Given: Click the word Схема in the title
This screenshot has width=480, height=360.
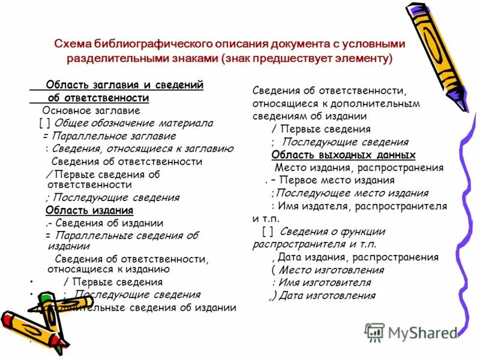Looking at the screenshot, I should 71,44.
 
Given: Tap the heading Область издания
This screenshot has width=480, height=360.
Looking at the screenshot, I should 89,211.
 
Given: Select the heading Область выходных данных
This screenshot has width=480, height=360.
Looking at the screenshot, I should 343,155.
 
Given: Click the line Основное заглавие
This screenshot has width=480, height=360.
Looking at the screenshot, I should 91,110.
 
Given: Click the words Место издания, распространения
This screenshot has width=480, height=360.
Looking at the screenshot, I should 359,168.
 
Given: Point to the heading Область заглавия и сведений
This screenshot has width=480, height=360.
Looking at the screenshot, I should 125,85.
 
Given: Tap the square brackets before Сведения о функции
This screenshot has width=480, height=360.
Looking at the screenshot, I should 268,232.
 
